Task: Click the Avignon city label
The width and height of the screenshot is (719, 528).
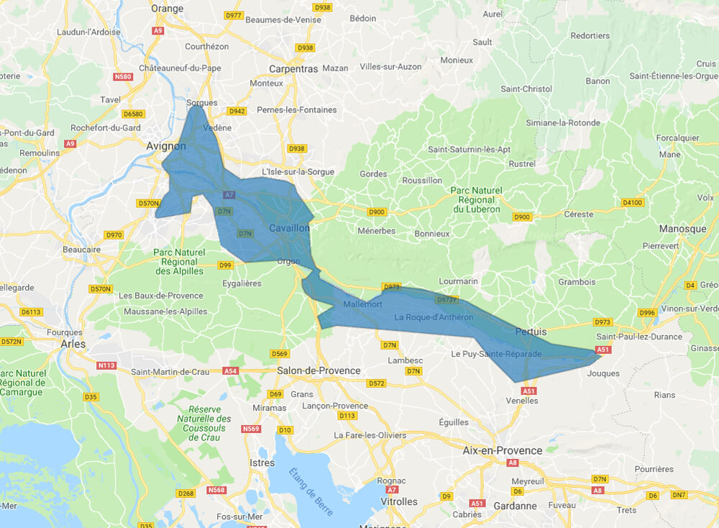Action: (166, 146)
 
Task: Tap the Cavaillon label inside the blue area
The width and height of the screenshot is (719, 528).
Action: (289, 228)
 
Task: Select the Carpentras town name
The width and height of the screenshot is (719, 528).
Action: (293, 69)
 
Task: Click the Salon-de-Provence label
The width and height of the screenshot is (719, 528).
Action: (319, 370)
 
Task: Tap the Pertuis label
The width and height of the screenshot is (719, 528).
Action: (531, 332)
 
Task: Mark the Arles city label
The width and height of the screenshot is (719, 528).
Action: (73, 344)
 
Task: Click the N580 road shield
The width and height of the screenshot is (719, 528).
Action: (123, 77)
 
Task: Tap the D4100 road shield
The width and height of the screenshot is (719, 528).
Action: (632, 203)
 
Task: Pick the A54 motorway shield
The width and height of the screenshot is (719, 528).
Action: (230, 371)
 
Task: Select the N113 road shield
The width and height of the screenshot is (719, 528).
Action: (106, 365)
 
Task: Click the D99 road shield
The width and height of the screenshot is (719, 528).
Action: (226, 265)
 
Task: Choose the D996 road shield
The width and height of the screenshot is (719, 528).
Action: (647, 312)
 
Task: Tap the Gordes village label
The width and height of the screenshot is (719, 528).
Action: (373, 174)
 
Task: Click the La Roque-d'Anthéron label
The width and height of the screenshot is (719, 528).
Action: (433, 317)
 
